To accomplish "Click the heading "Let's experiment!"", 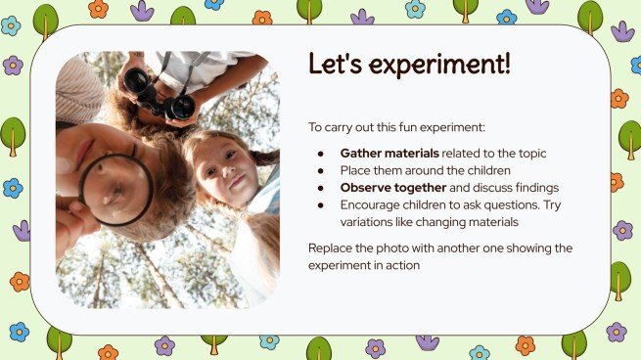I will (x=409, y=65).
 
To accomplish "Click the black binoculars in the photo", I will (x=158, y=96).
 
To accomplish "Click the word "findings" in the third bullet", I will (x=535, y=188).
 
